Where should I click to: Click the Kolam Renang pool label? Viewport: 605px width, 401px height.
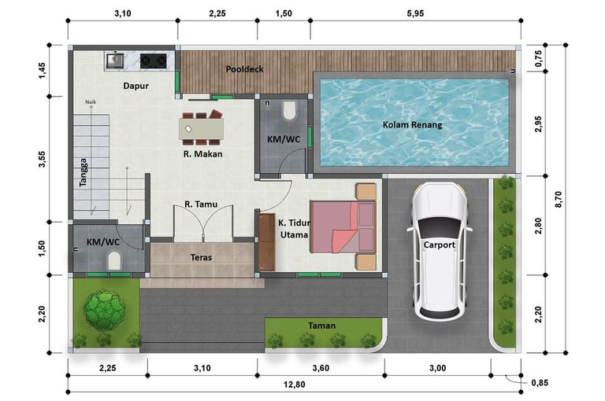click(x=412, y=125)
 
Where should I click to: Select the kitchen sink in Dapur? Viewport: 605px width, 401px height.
click(x=114, y=61)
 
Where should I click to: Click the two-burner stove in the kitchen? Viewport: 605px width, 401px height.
click(x=153, y=61)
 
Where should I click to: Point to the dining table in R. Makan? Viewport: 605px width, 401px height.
click(x=201, y=129)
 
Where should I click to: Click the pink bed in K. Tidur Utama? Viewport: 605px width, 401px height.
click(x=343, y=226)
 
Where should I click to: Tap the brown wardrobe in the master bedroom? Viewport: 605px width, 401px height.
click(x=266, y=242)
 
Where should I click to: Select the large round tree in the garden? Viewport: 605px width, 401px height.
click(x=105, y=310)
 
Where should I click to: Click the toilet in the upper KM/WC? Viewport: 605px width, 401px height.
click(x=289, y=111)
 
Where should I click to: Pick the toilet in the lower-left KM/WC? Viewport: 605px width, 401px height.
click(x=114, y=260)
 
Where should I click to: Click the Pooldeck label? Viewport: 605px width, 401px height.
click(x=245, y=69)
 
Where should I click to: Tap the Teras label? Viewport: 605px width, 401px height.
click(x=201, y=257)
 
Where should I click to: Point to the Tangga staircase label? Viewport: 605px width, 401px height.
click(x=83, y=172)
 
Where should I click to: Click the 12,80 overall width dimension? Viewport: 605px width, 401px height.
click(x=294, y=384)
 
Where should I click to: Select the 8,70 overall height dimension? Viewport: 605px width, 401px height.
click(x=559, y=199)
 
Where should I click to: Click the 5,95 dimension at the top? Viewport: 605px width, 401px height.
click(x=415, y=13)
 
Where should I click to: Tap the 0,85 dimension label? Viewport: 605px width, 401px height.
click(x=540, y=383)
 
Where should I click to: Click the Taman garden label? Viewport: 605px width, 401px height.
click(x=321, y=326)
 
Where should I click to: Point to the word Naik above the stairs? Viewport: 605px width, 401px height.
click(x=91, y=102)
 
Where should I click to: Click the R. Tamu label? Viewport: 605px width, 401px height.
click(x=201, y=204)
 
